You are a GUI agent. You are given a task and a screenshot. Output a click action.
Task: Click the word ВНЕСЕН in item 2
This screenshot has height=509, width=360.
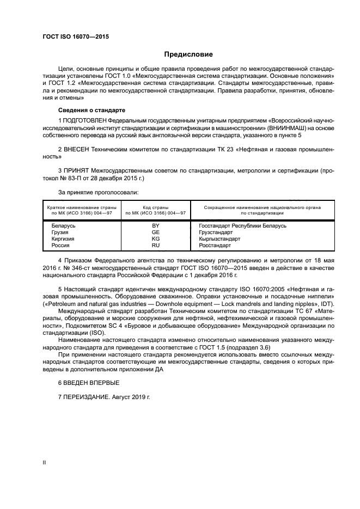tap(76, 149)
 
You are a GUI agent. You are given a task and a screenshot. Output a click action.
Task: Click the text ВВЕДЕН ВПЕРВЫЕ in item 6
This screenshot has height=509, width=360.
tap(88, 383)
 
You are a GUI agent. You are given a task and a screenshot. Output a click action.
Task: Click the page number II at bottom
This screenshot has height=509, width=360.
tap(44, 462)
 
